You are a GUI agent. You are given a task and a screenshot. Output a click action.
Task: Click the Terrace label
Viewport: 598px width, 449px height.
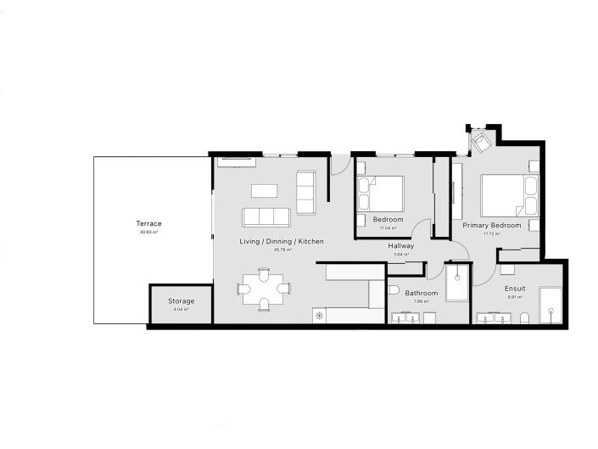click(148, 223)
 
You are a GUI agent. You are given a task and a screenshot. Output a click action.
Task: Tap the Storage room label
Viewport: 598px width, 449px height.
click(181, 301)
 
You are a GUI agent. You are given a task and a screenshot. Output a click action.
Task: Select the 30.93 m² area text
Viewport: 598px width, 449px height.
click(148, 231)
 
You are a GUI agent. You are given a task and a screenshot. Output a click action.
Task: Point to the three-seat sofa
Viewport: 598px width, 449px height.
click(266, 217)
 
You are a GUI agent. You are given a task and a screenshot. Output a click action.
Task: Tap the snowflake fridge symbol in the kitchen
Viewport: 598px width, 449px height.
click(319, 316)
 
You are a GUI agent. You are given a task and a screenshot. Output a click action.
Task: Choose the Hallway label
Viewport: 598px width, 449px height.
click(401, 246)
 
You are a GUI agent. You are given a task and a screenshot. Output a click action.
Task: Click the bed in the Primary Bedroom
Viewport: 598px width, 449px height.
click(508, 196)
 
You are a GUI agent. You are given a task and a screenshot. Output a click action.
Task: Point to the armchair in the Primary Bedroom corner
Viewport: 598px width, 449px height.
click(481, 142)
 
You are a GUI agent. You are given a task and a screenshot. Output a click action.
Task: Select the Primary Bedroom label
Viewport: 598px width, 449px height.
click(491, 225)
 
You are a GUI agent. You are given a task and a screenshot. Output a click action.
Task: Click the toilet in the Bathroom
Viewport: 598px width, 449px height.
click(393, 290)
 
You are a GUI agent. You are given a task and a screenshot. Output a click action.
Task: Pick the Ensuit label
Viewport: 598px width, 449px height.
click(515, 289)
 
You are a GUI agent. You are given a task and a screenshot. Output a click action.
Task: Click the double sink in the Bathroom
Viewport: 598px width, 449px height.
click(411, 318)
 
